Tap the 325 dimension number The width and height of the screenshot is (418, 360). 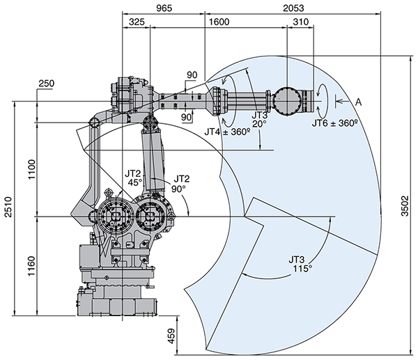click(137, 22)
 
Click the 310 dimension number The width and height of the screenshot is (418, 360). click(301, 22)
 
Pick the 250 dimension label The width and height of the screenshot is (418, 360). click(47, 84)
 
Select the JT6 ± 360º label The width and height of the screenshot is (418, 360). click(334, 123)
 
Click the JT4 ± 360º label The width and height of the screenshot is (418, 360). click(227, 130)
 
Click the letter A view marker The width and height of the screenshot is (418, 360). click(359, 102)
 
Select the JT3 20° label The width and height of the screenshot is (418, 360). click(259, 119)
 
